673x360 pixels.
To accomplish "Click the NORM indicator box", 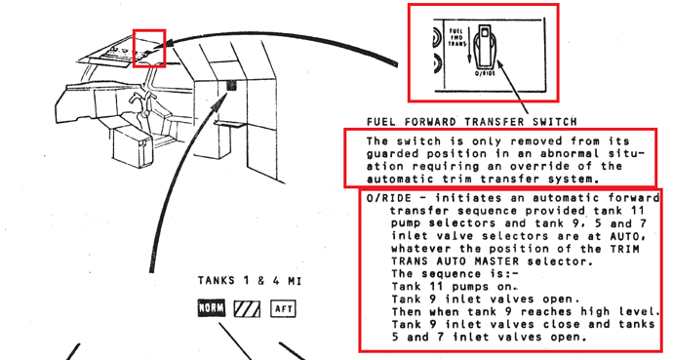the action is click(x=212, y=308).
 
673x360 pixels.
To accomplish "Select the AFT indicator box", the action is click(x=283, y=308).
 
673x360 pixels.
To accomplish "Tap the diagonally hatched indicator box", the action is click(x=247, y=308).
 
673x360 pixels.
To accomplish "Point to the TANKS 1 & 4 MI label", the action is click(x=250, y=281).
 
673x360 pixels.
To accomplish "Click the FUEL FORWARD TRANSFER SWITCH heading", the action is click(x=472, y=122).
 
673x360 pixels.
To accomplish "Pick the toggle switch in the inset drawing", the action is click(x=484, y=46).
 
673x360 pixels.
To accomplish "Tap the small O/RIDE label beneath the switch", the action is click(x=485, y=73).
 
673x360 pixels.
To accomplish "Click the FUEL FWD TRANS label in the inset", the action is click(x=456, y=37).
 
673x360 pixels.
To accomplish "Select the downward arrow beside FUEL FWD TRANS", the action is click(x=469, y=45).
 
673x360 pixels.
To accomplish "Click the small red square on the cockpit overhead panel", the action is click(x=149, y=48).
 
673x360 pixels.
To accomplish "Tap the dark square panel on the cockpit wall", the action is click(x=231, y=86).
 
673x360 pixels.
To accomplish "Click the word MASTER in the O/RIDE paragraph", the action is click(x=496, y=260).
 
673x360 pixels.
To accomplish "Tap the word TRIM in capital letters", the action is click(x=624, y=249).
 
